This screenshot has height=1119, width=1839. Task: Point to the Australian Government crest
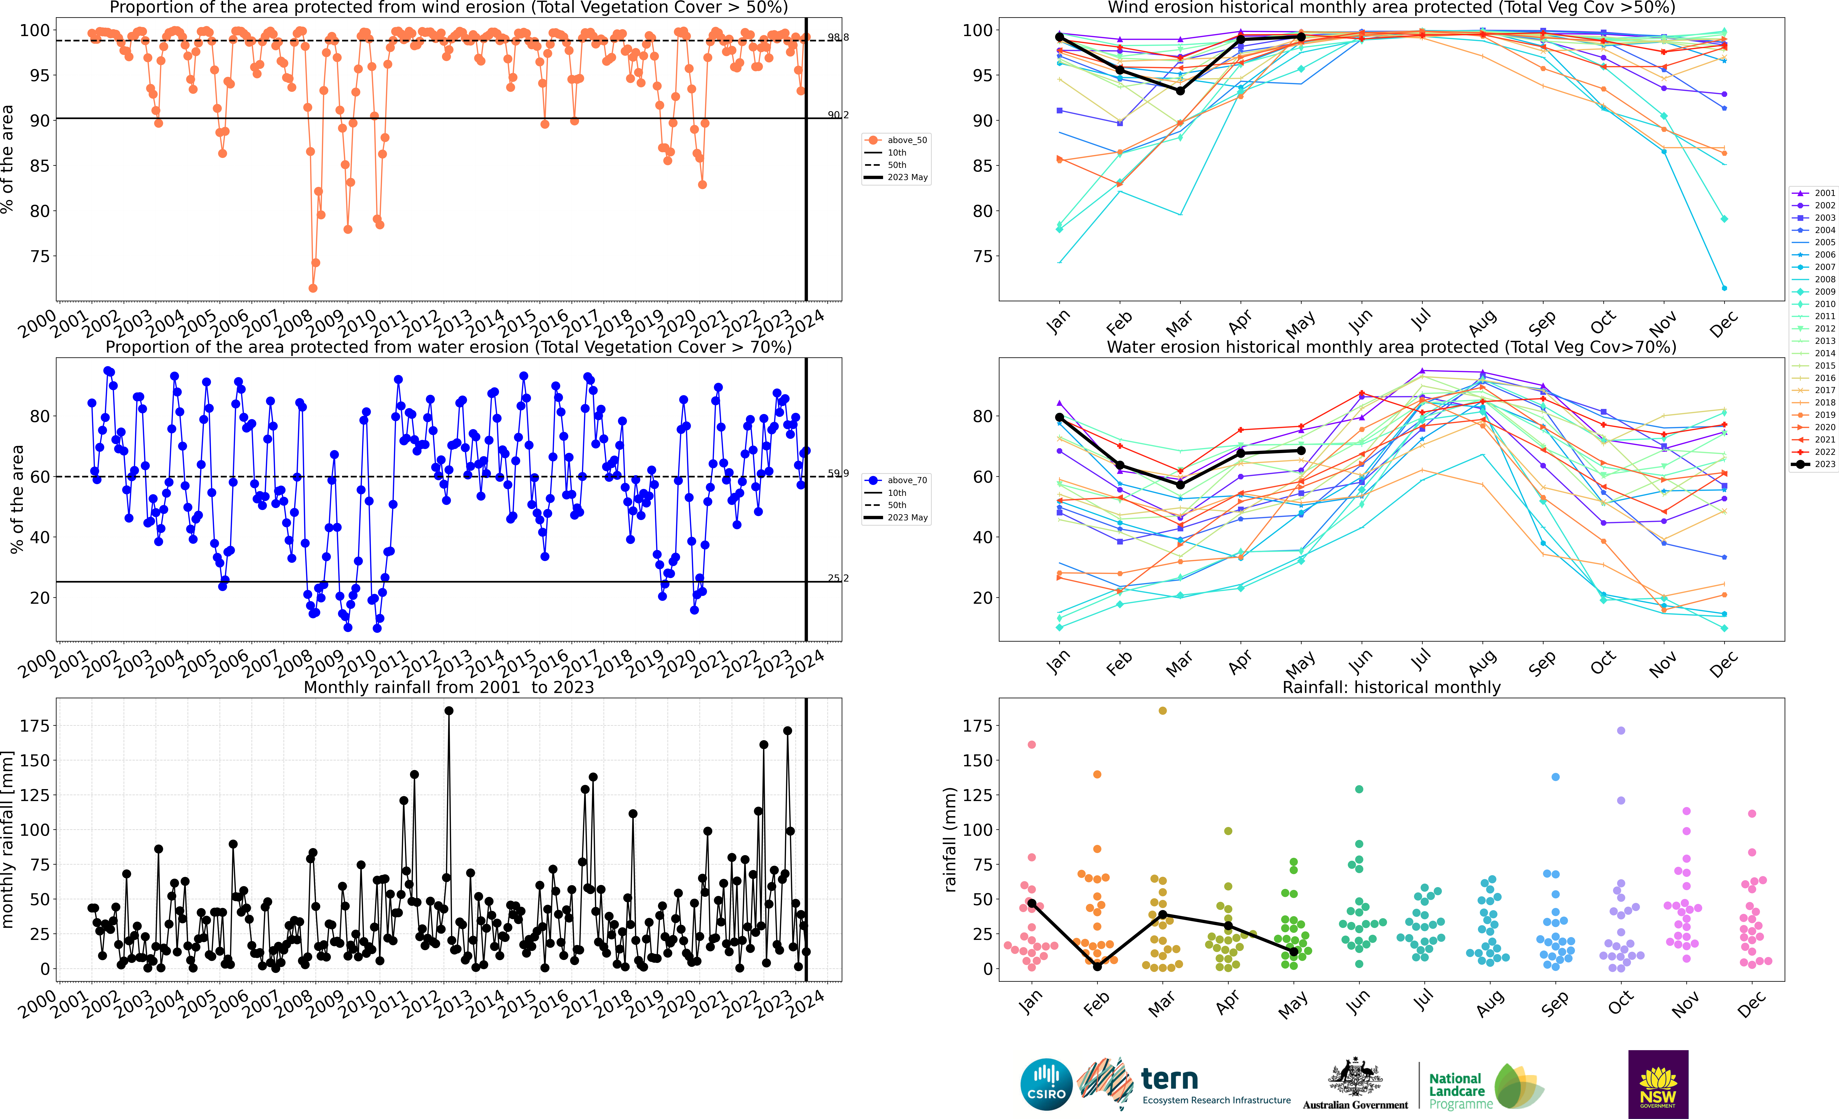pos(1355,1078)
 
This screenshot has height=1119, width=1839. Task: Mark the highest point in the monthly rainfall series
pos(449,711)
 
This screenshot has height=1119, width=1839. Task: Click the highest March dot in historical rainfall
pos(1162,711)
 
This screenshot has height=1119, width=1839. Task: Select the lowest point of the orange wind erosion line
pos(313,288)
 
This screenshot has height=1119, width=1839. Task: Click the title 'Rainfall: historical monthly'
pos(1391,687)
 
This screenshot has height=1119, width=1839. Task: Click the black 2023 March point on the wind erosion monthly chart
pos(1180,91)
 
